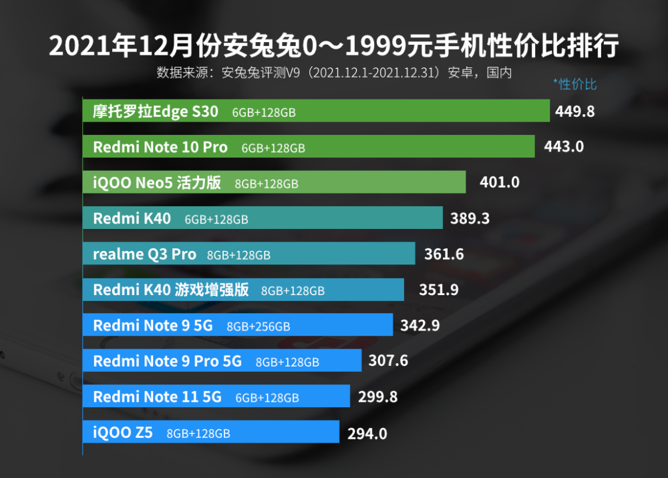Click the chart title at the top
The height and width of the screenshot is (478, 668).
334,45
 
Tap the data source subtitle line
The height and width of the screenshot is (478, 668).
334,72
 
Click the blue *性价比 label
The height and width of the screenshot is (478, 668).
574,84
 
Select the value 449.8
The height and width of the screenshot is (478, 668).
574,111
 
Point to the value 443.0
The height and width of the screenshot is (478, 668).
564,147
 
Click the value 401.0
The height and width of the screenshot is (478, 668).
499,182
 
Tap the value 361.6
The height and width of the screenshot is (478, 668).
444,254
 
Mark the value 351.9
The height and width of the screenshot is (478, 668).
439,290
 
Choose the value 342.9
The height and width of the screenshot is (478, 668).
420,325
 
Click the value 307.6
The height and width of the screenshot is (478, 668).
388,361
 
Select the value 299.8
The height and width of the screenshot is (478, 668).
377,397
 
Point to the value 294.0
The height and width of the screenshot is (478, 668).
367,433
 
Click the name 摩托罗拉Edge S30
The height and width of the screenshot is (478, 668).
156,111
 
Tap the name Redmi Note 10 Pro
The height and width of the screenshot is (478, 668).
160,147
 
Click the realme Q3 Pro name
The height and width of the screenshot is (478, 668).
145,254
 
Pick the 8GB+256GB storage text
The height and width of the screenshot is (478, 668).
259,326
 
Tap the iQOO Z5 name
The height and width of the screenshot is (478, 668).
123,433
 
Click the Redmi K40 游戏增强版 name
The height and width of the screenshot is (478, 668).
171,290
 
